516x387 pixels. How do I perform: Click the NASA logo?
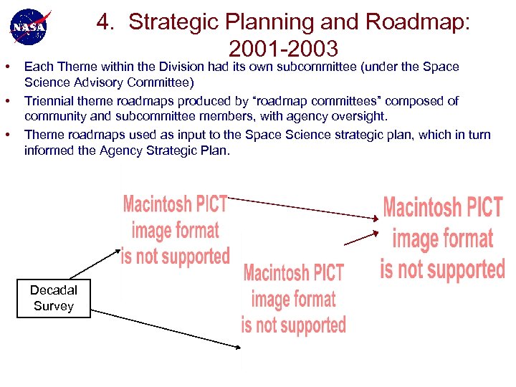click(x=29, y=27)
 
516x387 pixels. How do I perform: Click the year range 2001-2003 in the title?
click(x=283, y=49)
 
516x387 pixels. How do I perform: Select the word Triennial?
click(x=48, y=101)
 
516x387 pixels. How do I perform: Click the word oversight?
click(x=360, y=116)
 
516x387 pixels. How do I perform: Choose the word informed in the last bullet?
click(x=47, y=150)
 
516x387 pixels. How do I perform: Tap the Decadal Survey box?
click(x=54, y=297)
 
